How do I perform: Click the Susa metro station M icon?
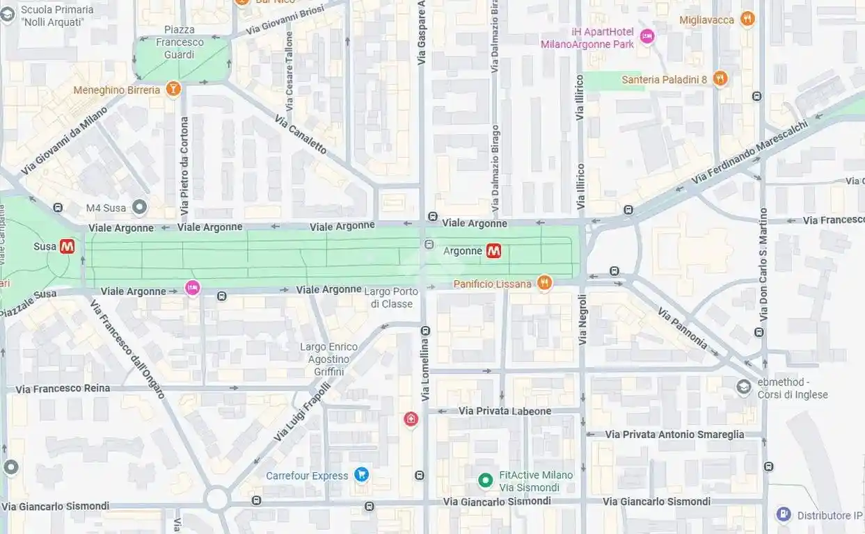pos(67,246)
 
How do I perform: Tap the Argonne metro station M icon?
pos(493,251)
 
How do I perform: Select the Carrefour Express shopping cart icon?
pos(361,475)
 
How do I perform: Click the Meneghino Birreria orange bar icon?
pos(173,89)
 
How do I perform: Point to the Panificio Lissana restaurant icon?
pos(544,283)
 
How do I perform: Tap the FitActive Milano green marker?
pos(486,480)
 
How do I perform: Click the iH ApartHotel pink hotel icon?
pos(647,36)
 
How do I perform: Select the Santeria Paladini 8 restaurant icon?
pos(720,79)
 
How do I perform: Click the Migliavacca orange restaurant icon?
pos(747,19)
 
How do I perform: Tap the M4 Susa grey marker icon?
pos(140,207)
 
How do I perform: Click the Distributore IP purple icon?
pos(784,515)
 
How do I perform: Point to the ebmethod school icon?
pos(744,387)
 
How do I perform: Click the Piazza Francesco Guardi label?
pos(180,42)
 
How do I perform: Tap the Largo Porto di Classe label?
pos(392,298)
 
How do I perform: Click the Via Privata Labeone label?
pos(505,411)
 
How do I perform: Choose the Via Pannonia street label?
pos(682,328)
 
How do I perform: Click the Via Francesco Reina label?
pos(63,388)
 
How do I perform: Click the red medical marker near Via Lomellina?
pos(411,419)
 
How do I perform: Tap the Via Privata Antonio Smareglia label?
pos(674,434)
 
